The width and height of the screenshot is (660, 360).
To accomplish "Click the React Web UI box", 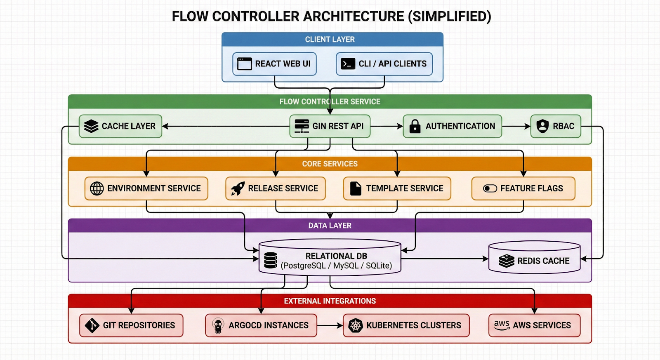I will [x=274, y=64].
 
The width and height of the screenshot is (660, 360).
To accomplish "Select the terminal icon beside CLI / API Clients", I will [x=348, y=64].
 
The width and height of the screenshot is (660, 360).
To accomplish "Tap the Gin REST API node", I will [x=330, y=126].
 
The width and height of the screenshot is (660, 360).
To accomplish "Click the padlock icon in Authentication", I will [x=415, y=126].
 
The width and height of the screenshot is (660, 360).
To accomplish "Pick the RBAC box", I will [x=556, y=126].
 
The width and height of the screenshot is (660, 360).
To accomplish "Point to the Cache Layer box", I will [x=120, y=126].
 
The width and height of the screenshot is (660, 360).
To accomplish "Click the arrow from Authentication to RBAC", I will [x=516, y=126].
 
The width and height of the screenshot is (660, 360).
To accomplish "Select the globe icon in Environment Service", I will [x=97, y=188].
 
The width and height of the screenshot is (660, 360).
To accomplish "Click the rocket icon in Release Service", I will [x=238, y=188].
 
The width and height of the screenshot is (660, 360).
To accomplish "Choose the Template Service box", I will [x=397, y=188].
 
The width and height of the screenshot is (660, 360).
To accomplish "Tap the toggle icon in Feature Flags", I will [x=490, y=188].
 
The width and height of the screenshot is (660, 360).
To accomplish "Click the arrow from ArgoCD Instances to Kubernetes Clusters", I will [x=330, y=325].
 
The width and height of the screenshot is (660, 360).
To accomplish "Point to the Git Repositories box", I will [x=131, y=325].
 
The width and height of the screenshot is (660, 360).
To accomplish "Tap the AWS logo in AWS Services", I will [x=502, y=325].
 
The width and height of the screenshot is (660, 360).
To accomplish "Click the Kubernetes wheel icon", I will [x=355, y=325].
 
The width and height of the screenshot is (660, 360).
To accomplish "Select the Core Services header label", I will [x=330, y=164].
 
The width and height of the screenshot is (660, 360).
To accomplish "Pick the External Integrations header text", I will [x=330, y=301].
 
